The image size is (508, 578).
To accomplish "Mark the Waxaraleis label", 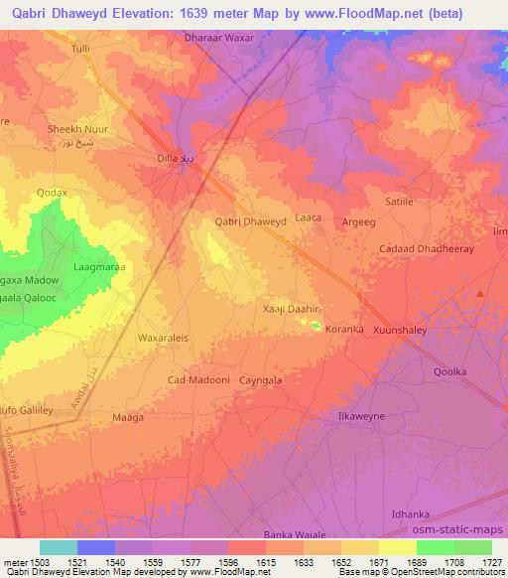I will point(163,337).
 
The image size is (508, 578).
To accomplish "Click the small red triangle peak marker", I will point(480,294).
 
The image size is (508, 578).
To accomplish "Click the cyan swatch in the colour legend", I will point(58,547).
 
